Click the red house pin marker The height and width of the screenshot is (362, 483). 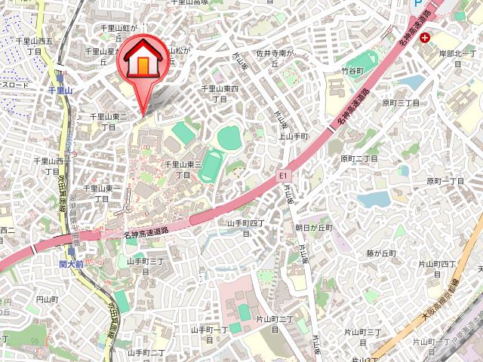click(141, 63)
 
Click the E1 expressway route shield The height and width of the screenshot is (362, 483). click(285, 176)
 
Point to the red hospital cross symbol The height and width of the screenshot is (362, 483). click(426, 37)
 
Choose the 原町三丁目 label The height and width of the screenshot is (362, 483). click(400, 103)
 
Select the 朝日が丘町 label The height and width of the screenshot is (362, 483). click(313, 226)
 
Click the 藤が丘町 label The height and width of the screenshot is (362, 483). click(381, 253)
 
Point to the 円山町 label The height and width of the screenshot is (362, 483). click(47, 299)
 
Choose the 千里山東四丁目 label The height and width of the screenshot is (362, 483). click(220, 94)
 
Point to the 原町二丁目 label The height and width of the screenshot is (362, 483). click(359, 159)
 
